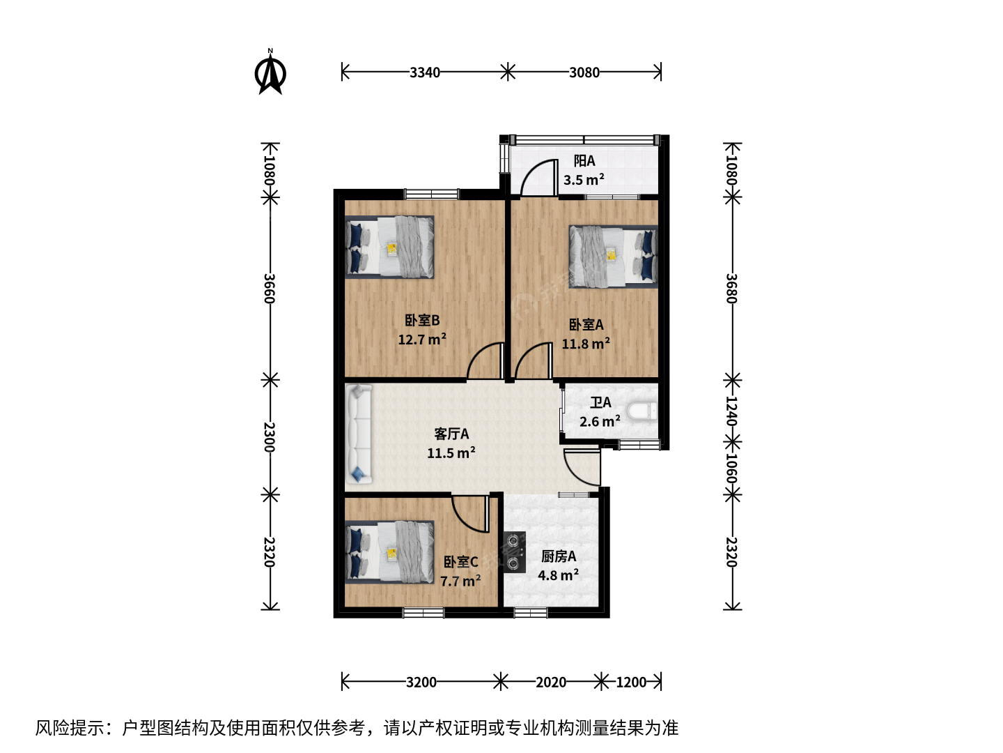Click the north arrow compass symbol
pyautogui.click(x=270, y=73)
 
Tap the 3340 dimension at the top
pyautogui.click(x=424, y=73)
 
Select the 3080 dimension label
pyautogui.click(x=584, y=73)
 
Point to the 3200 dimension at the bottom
pyautogui.click(x=421, y=682)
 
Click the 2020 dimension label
pyautogui.click(x=551, y=682)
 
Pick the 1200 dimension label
pyautogui.click(x=631, y=682)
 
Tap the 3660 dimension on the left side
pyautogui.click(x=270, y=289)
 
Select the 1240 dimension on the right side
pyautogui.click(x=731, y=411)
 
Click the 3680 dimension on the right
pyautogui.click(x=731, y=289)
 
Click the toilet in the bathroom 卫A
pyautogui.click(x=642, y=411)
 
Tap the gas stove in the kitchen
pyautogui.click(x=515, y=552)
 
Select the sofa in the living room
pyautogui.click(x=359, y=434)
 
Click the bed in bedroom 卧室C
pyautogui.click(x=390, y=552)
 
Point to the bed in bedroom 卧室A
pyautogui.click(x=613, y=257)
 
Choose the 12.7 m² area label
pyautogui.click(x=422, y=340)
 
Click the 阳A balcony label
pyautogui.click(x=584, y=161)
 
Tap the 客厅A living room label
pyautogui.click(x=451, y=434)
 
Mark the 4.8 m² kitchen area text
pyautogui.click(x=559, y=575)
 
